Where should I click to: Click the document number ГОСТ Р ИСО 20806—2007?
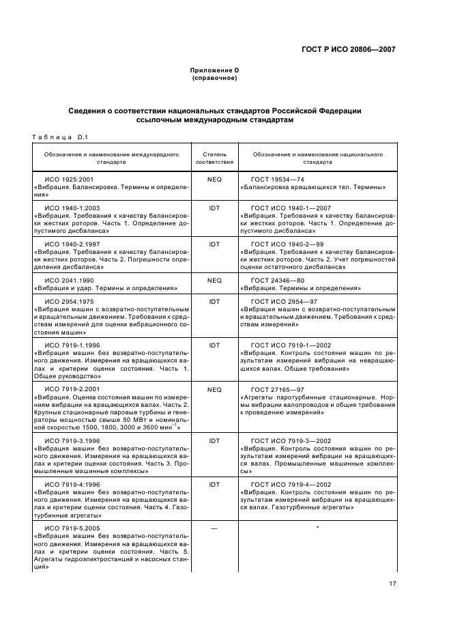(348, 49)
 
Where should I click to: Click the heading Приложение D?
(214, 71)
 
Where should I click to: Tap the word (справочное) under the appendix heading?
(214, 79)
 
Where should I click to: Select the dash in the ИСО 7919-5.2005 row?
(214, 528)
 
